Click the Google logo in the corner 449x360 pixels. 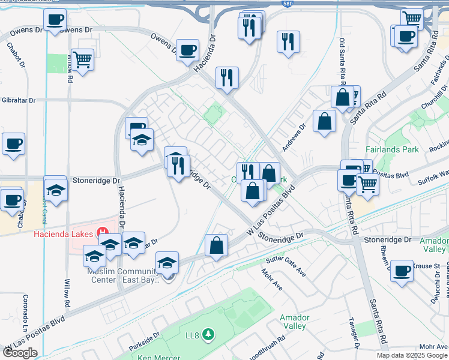point(20,353)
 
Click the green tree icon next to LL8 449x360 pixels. point(208,334)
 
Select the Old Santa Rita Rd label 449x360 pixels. point(342,60)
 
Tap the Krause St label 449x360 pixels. point(429,265)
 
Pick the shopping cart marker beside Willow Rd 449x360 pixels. point(82,59)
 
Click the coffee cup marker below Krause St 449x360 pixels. point(402,271)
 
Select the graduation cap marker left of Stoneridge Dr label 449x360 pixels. point(56,189)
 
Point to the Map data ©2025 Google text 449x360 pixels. point(412,355)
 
